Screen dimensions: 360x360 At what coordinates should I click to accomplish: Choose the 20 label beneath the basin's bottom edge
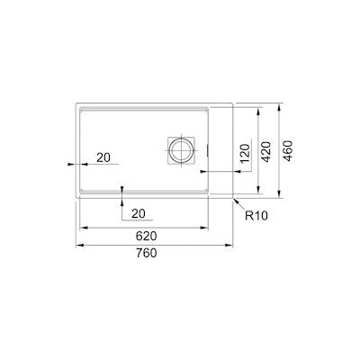(x=138, y=212)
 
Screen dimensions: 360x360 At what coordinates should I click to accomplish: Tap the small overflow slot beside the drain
(x=208, y=149)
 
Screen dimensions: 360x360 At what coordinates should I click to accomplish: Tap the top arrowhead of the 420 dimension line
(x=259, y=112)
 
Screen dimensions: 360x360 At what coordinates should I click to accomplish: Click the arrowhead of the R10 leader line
(x=233, y=195)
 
